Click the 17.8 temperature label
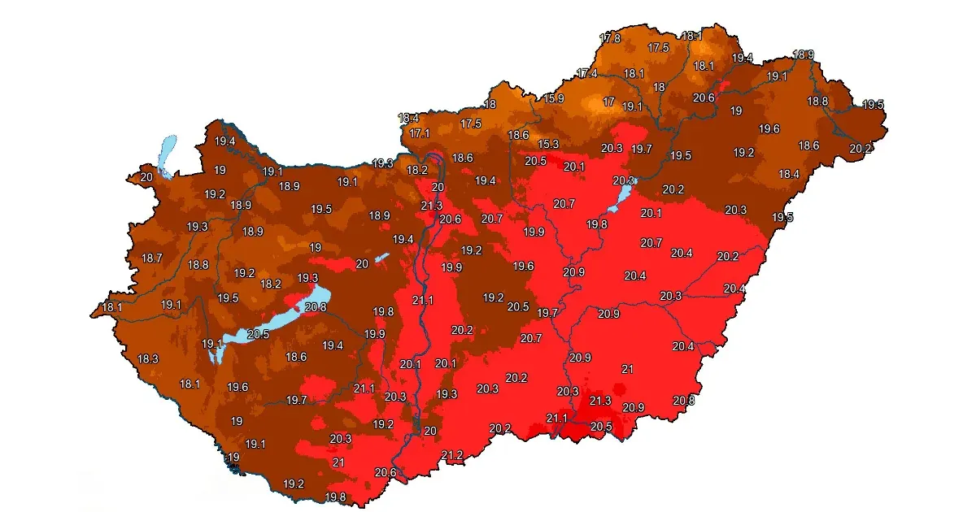pyautogui.click(x=609, y=38)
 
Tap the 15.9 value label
pyautogui.click(x=554, y=99)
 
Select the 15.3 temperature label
pyautogui.click(x=549, y=144)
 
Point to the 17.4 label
pyautogui.click(x=587, y=74)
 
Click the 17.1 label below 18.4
pyautogui.click(x=420, y=132)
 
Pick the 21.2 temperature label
pyautogui.click(x=452, y=455)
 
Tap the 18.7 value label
pyautogui.click(x=152, y=258)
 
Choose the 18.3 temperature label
pyautogui.click(x=148, y=358)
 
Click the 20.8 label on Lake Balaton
pyautogui.click(x=315, y=306)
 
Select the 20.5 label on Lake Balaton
pyautogui.click(x=258, y=334)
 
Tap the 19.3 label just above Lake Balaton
pyautogui.click(x=307, y=278)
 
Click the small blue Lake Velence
pyautogui.click(x=381, y=258)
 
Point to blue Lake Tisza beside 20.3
pyautogui.click(x=624, y=193)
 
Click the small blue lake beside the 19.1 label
pyautogui.click(x=214, y=354)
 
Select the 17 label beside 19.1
pyautogui.click(x=608, y=102)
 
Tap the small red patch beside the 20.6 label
pyautogui.click(x=725, y=85)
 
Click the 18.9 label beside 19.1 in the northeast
pyautogui.click(x=803, y=54)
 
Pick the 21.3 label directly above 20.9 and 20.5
pyautogui.click(x=600, y=401)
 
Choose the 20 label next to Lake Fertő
pyautogui.click(x=146, y=176)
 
